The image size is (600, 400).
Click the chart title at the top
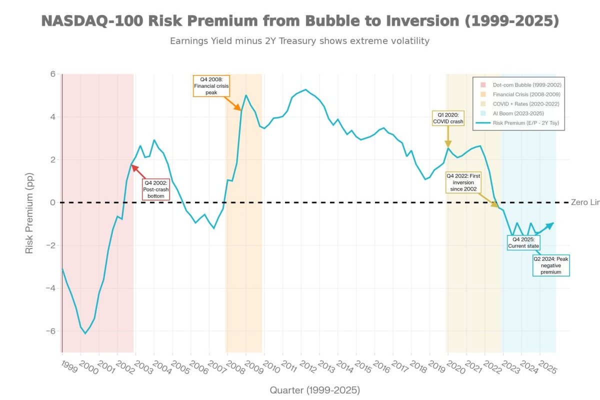(300, 21)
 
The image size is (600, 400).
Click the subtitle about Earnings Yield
(300, 41)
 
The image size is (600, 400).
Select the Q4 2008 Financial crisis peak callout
(211, 86)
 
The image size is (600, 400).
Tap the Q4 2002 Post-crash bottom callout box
(156, 189)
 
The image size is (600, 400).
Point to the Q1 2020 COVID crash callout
(448, 118)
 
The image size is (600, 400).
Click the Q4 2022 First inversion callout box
(463, 182)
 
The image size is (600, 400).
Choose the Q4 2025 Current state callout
(523, 242)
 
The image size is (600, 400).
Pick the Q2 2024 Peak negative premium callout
(550, 265)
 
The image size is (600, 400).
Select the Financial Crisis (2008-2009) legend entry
(526, 94)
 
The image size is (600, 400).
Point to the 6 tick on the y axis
(52, 74)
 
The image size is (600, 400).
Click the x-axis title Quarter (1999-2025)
(314, 390)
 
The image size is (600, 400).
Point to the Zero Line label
(585, 202)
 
